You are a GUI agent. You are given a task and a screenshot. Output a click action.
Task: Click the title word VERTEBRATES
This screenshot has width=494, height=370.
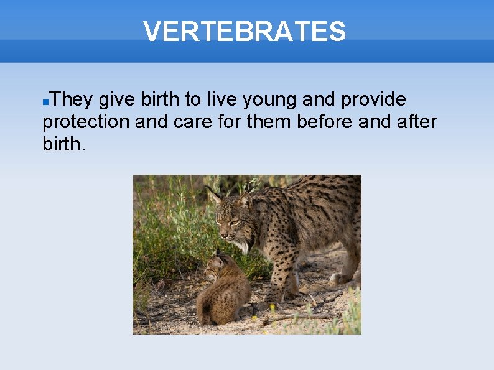pyautogui.click(x=245, y=32)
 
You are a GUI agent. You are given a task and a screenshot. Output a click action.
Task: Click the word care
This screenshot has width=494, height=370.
pyautogui.click(x=187, y=123)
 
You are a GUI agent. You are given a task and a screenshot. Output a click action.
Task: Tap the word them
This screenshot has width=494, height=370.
pyautogui.click(x=269, y=122)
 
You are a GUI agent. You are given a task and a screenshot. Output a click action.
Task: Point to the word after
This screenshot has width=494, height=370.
pyautogui.click(x=417, y=122)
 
